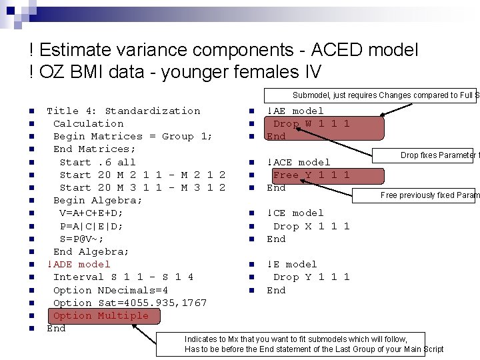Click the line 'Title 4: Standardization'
pos(123,111)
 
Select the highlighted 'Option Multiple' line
pos(101,315)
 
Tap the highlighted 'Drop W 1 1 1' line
pos(311,123)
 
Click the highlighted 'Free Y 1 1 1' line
pos(311,175)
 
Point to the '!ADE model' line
pos(79,264)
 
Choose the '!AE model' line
pos(295,111)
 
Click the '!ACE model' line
pos(299,162)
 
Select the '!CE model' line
pos(295,213)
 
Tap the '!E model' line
pos(292,264)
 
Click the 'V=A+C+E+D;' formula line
pos(91,213)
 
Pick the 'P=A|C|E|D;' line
pos(91,226)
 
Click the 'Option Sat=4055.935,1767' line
pos(130,303)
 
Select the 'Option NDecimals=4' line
pos(111,290)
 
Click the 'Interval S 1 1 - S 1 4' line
pos(123,277)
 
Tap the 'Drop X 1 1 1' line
pos(311,226)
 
